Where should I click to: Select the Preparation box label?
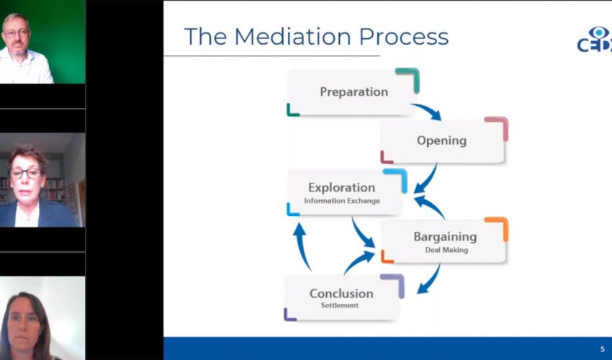tap(354, 92)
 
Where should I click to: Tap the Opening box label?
tap(441, 140)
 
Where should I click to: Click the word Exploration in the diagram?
tap(341, 188)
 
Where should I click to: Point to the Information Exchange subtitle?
tap(341, 201)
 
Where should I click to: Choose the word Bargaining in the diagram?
tap(444, 237)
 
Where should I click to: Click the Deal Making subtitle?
tap(446, 250)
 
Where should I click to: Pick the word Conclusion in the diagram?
tap(341, 294)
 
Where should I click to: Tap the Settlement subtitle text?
tap(340, 305)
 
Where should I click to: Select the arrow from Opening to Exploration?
tap(426, 178)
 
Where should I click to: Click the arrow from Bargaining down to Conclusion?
tap(429, 279)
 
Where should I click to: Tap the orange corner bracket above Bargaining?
tap(498, 226)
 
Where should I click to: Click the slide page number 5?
tap(603, 349)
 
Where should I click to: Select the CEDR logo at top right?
tap(594, 40)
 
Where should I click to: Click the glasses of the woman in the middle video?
tap(25, 174)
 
